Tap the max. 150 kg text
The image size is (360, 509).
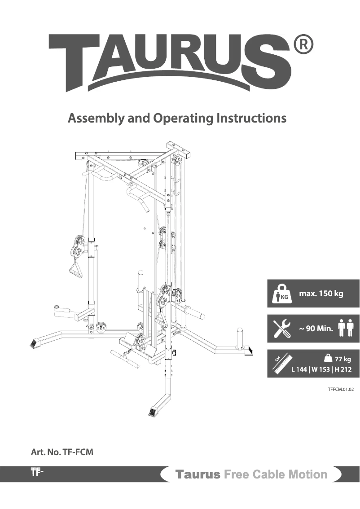[x=321, y=294]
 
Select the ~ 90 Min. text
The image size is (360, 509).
[x=316, y=329]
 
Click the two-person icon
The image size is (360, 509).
[x=346, y=328]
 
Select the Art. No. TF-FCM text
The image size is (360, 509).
[x=62, y=452]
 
